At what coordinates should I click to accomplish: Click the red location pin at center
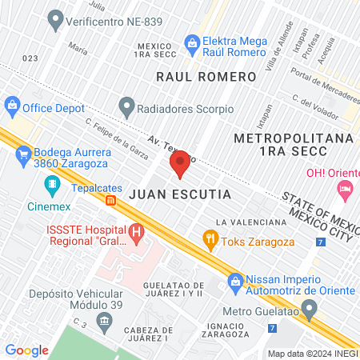point(180,163)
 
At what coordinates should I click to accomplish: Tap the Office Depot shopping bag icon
point(12,105)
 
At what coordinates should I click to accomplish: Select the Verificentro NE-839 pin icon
point(55,17)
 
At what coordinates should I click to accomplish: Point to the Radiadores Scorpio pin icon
point(126,106)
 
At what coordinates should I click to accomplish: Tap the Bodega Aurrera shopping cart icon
point(23,154)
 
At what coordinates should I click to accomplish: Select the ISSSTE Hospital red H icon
point(137,234)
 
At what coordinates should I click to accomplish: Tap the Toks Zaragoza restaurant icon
point(210,238)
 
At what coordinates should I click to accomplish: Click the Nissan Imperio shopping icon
point(235,281)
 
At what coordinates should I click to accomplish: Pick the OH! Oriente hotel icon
point(345,190)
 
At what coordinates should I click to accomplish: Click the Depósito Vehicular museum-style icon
point(103,321)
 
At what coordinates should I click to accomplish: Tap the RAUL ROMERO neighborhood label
point(206,77)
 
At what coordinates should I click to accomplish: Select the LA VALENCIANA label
point(251,222)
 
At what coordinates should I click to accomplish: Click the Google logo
point(27,350)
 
